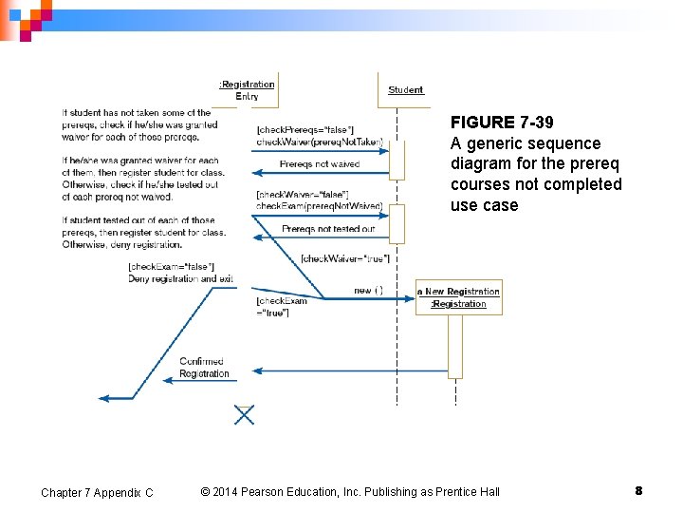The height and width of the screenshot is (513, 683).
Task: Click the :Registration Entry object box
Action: [247, 89]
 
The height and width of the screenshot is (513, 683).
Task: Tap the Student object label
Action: [406, 90]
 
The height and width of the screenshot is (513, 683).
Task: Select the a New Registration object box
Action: [459, 297]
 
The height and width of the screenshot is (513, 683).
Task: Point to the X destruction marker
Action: [245, 414]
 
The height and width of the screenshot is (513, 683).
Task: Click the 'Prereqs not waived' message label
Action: [320, 164]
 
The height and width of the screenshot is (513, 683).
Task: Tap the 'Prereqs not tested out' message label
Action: [328, 229]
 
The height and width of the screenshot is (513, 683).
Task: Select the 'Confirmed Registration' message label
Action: [204, 368]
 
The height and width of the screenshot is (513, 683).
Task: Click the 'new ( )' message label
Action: [368, 290]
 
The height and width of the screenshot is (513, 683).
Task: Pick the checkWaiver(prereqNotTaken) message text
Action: [320, 142]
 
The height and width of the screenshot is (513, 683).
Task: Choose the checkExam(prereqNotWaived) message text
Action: [320, 206]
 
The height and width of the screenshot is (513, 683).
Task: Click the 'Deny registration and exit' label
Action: [180, 278]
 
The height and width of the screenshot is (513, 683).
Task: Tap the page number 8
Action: [638, 491]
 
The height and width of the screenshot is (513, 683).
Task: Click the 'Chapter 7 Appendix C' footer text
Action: [97, 492]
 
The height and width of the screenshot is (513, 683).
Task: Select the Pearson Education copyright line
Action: [350, 491]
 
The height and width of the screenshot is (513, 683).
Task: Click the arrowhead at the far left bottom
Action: [104, 398]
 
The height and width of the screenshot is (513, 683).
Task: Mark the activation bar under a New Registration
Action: [455, 346]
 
